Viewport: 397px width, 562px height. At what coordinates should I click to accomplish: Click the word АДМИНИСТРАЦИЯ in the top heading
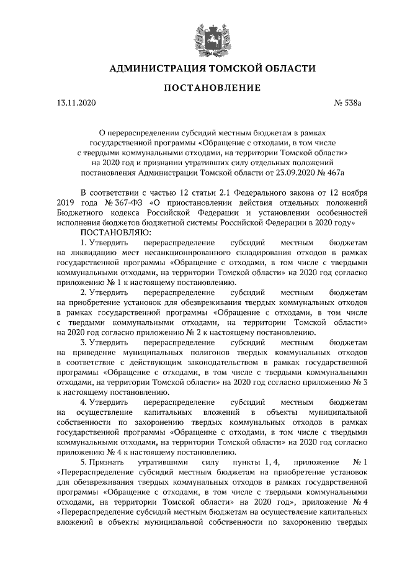click(155, 68)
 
